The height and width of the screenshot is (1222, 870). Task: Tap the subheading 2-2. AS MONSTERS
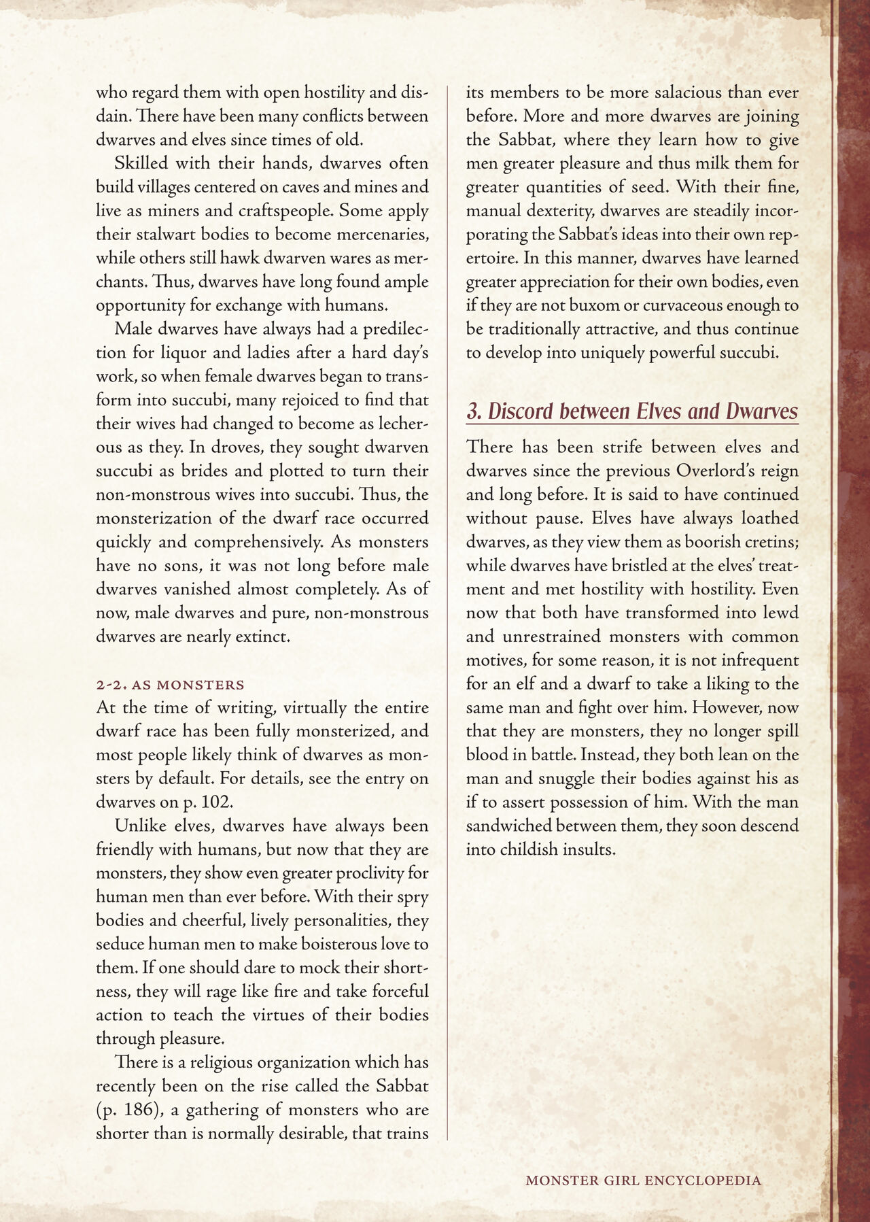point(170,683)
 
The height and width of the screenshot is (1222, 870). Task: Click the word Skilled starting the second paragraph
point(143,163)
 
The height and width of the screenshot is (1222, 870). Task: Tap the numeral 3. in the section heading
point(473,411)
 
